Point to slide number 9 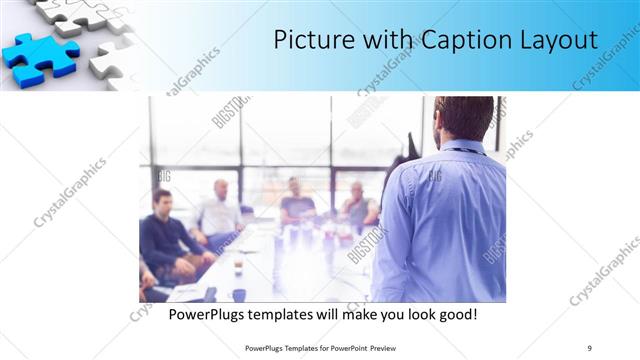click(x=589, y=347)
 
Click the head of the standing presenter click(x=463, y=119)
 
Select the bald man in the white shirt click(x=220, y=210)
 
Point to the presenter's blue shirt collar click(x=462, y=147)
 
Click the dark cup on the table click(x=239, y=294)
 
